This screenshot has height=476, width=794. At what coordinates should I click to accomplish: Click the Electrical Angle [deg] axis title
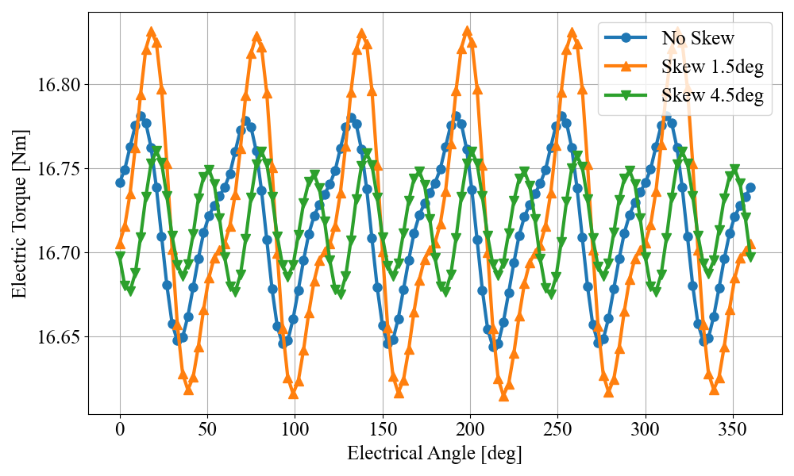[x=434, y=454]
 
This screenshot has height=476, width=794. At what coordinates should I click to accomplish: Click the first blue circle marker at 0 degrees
[x=120, y=182]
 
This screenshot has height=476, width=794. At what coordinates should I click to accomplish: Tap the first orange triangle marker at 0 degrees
[x=120, y=244]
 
